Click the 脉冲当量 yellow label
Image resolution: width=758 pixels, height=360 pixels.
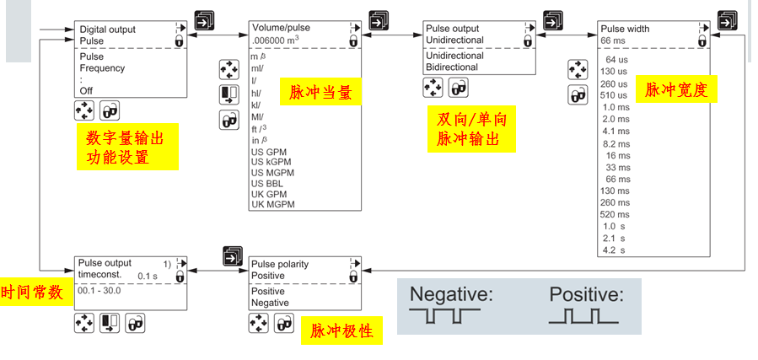pos(320,91)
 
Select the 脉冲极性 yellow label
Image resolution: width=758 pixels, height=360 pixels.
pos(341,331)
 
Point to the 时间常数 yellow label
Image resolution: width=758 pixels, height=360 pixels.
pos(31,293)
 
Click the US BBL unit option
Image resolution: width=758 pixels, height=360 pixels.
pos(269,182)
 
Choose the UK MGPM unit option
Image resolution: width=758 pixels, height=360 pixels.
pos(274,204)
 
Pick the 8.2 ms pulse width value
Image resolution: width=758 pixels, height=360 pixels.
pos(616,144)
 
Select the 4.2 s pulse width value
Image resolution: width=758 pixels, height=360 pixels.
pos(614,250)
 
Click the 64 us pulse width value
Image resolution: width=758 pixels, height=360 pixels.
pos(616,60)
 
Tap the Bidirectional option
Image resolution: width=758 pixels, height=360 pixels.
pos(454,67)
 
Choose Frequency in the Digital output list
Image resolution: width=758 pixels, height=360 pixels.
pos(102,68)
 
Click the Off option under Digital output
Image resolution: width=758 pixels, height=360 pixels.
pos(86,90)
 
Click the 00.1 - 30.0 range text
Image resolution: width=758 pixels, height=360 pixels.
pos(100,291)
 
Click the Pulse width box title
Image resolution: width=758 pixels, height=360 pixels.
pos(625,29)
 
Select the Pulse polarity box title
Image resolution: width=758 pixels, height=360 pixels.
pos(280,264)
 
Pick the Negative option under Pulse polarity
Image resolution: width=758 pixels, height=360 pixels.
pos(270,303)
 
